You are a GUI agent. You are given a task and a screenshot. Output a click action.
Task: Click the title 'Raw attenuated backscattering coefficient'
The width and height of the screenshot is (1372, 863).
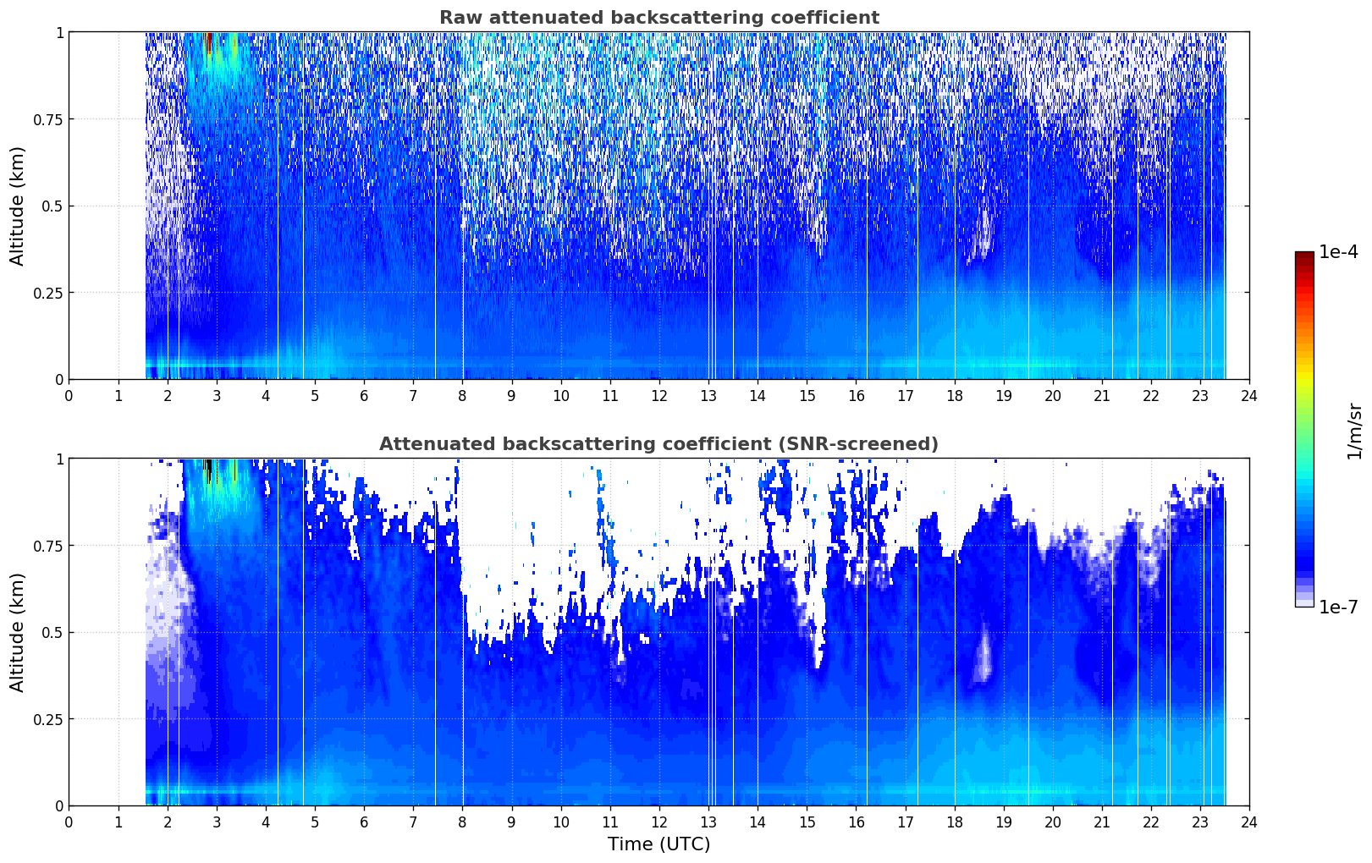659,17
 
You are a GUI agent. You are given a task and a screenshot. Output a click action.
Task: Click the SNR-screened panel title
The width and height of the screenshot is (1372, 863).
658,443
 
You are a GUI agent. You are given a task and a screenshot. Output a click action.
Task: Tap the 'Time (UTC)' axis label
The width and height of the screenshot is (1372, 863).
659,844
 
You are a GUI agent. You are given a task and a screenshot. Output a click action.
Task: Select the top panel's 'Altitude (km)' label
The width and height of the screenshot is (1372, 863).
17,206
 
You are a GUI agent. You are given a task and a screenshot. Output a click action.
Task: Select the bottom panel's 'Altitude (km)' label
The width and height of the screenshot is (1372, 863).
17,633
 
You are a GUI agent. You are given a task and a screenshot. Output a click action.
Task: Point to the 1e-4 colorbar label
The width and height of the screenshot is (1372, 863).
1338,251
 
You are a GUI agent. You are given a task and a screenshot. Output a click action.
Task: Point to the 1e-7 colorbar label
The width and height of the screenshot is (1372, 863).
1338,607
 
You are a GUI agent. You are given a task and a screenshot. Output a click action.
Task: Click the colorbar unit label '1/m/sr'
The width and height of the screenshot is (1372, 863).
1354,431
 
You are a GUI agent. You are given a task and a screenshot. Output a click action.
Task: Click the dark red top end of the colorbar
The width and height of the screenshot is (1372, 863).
1304,256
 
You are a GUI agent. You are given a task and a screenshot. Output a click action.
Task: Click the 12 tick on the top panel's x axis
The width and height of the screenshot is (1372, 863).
659,396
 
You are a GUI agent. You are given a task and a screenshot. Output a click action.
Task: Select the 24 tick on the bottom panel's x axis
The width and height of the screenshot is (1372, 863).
1249,822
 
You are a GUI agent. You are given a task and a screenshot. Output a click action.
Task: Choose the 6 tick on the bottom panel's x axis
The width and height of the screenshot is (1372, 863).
364,822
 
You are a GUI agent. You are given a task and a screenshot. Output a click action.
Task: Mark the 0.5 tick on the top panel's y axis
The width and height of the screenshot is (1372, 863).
52,206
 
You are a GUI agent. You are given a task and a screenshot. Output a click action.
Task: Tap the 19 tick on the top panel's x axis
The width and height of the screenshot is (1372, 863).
1003,396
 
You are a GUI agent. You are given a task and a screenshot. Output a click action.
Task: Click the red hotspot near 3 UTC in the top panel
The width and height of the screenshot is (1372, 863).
209,43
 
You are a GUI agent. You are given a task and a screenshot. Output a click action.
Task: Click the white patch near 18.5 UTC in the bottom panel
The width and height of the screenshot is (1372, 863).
984,655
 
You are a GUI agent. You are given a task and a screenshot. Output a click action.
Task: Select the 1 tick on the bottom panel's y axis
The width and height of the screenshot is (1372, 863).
59,459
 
